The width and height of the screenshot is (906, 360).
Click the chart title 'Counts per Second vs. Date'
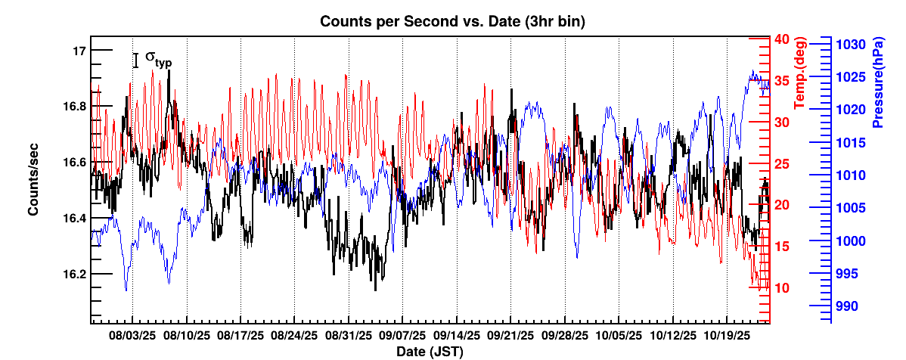[x=452, y=22]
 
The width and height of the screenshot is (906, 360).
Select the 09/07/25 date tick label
[x=402, y=334]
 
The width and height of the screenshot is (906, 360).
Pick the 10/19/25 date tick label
[x=726, y=334]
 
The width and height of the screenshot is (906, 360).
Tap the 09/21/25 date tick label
[x=510, y=334]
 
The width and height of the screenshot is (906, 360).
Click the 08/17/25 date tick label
[x=240, y=334]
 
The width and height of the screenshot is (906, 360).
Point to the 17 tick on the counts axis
[x=79, y=51]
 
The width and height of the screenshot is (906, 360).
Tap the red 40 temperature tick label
[x=782, y=39]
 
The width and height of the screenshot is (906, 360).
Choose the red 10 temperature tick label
[x=782, y=288]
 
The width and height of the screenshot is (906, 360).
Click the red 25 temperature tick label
[x=782, y=164]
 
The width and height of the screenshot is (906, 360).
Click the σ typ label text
[x=157, y=59]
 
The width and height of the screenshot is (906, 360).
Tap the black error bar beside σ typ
[x=136, y=61]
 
